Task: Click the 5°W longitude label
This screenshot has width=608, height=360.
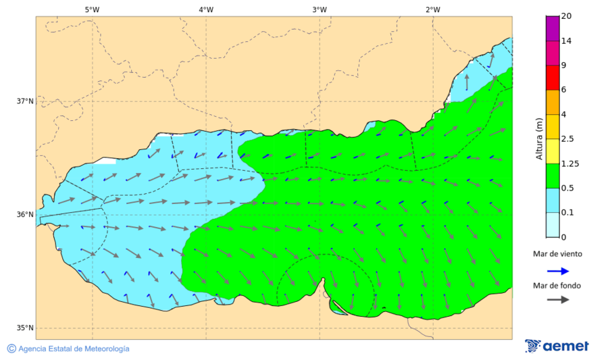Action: [x=92, y=9]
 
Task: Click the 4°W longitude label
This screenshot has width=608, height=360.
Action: [x=206, y=9]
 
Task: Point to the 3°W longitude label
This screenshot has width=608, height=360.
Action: [x=320, y=9]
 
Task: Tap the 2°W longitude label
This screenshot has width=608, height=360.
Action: [x=433, y=9]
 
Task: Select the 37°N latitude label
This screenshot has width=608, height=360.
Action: [x=25, y=101]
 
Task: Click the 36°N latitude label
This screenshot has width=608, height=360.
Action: [x=25, y=215]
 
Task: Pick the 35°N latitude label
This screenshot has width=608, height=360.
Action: [x=25, y=328]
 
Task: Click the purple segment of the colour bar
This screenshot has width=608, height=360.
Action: [x=553, y=28]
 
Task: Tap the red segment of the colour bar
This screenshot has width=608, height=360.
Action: [x=553, y=77]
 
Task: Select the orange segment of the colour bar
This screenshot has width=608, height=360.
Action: [x=553, y=102]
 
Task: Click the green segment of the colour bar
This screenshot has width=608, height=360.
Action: [x=553, y=175]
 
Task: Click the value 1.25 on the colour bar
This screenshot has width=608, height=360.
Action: [x=570, y=163]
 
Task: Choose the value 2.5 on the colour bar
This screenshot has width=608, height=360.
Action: [x=567, y=139]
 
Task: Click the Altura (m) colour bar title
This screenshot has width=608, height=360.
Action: [x=538, y=138]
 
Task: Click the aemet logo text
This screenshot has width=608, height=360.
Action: [x=566, y=346]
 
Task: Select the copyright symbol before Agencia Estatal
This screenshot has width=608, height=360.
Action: [x=11, y=349]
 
